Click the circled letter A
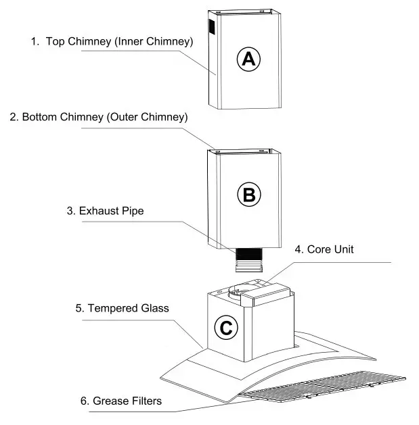[x=248, y=59]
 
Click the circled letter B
[x=248, y=195]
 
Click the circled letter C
[x=226, y=328]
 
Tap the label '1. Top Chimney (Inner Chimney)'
[x=112, y=42]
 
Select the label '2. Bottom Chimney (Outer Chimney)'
[x=99, y=117]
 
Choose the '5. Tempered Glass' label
[x=122, y=308]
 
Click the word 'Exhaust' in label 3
[x=100, y=211]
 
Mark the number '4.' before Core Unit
[x=299, y=249]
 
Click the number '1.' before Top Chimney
[x=35, y=42]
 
